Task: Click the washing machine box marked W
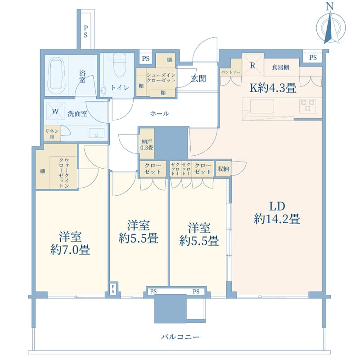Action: (55, 111)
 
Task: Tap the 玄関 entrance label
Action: (198, 79)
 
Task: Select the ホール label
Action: (159, 114)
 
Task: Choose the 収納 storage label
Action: (223, 169)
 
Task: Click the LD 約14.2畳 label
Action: (277, 213)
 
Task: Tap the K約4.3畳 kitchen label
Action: (273, 88)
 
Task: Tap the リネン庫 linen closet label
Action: (50, 134)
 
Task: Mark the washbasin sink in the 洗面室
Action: (96, 133)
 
